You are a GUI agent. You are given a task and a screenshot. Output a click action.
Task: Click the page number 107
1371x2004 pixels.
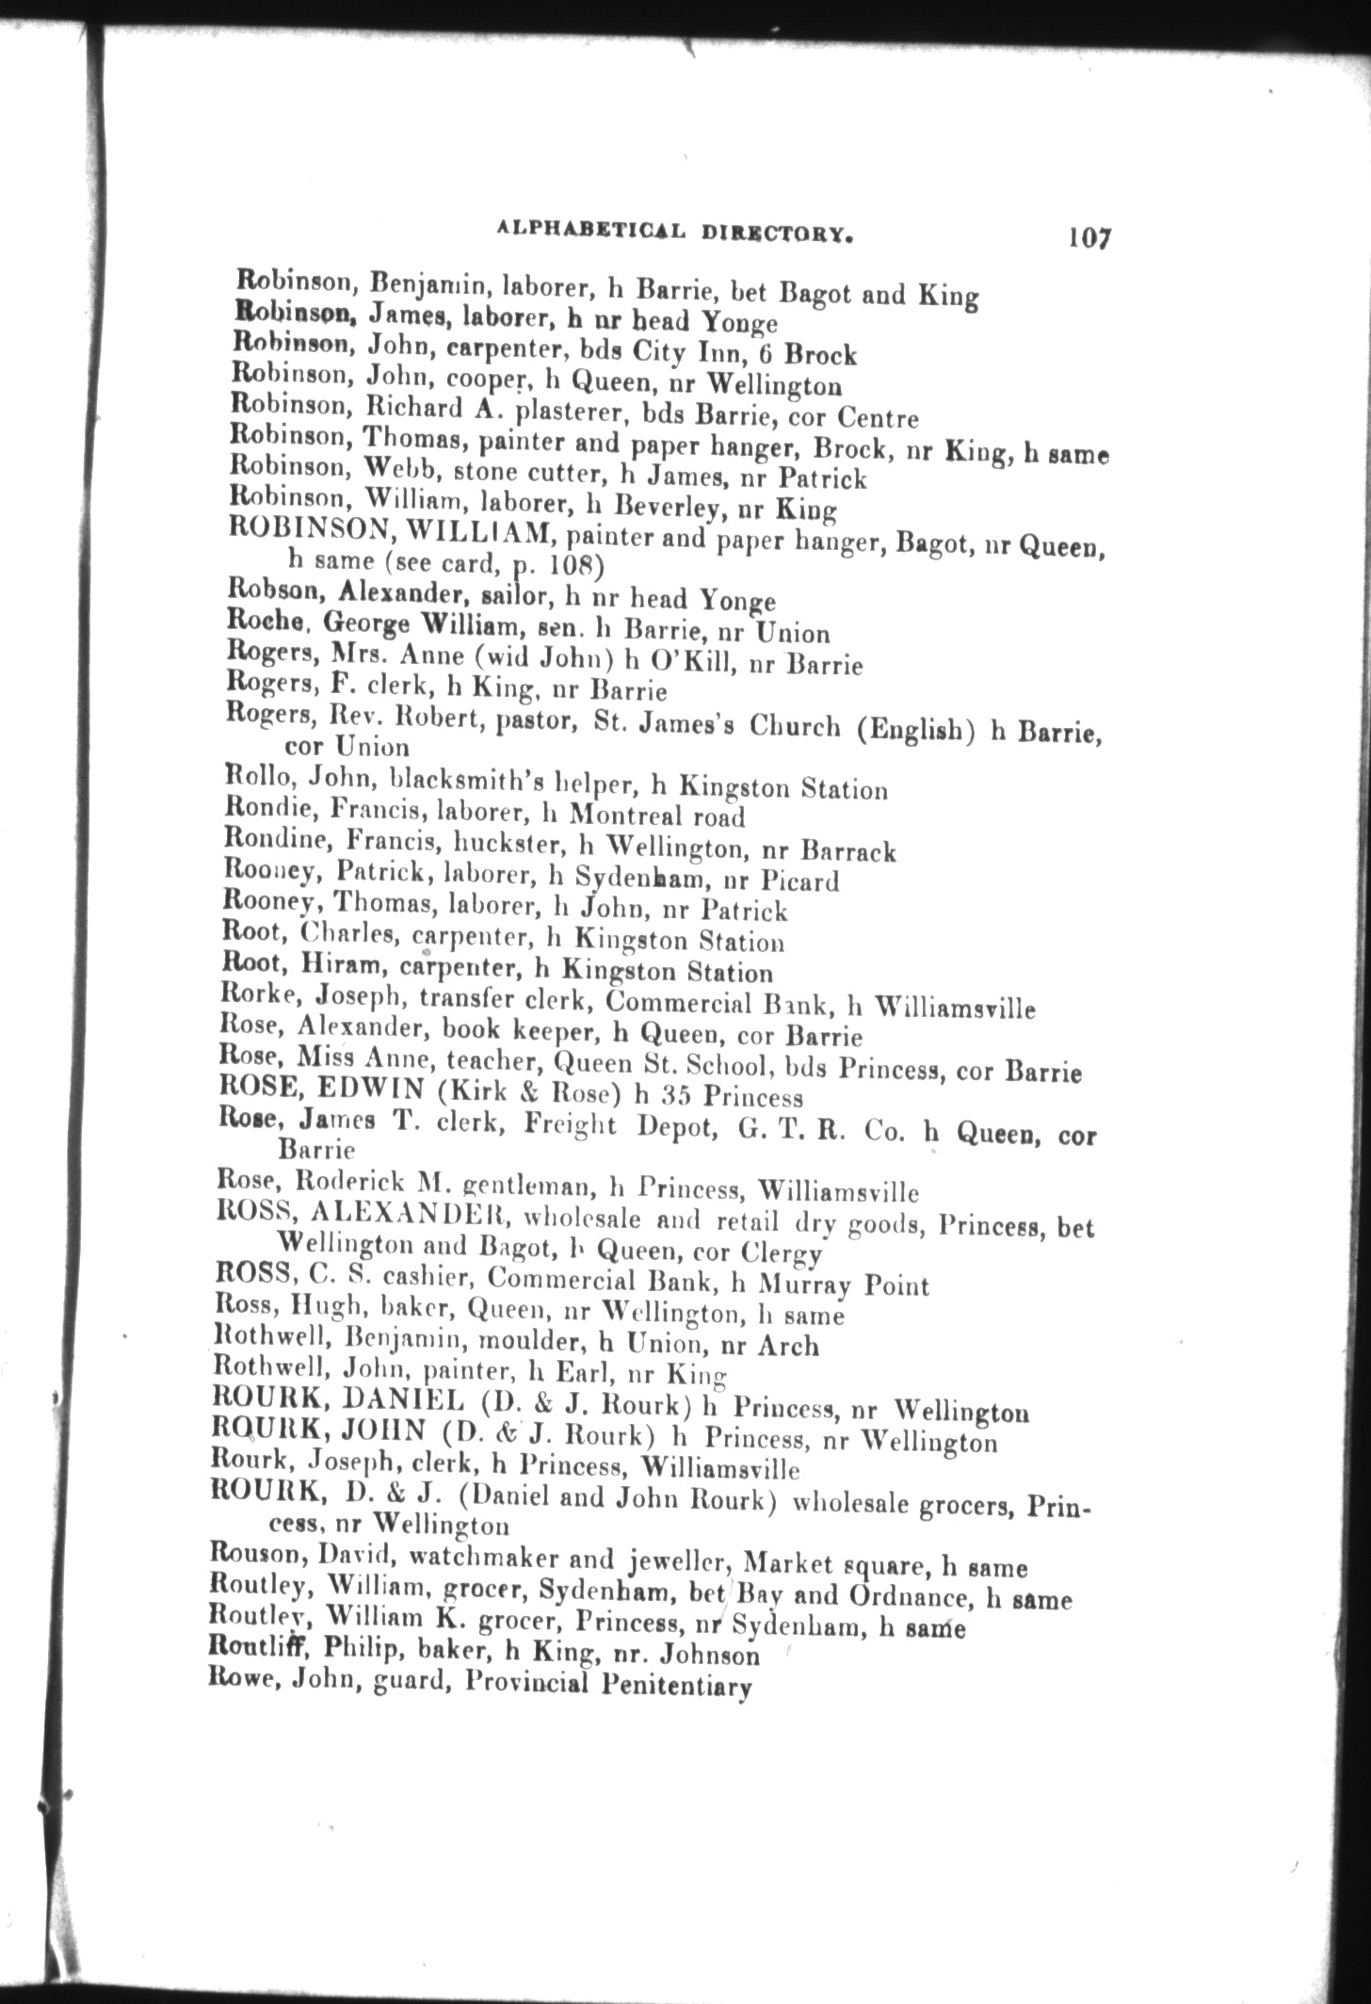pyautogui.click(x=1089, y=236)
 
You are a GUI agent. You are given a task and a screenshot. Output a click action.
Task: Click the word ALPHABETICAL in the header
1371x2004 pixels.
pyautogui.click(x=576, y=229)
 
